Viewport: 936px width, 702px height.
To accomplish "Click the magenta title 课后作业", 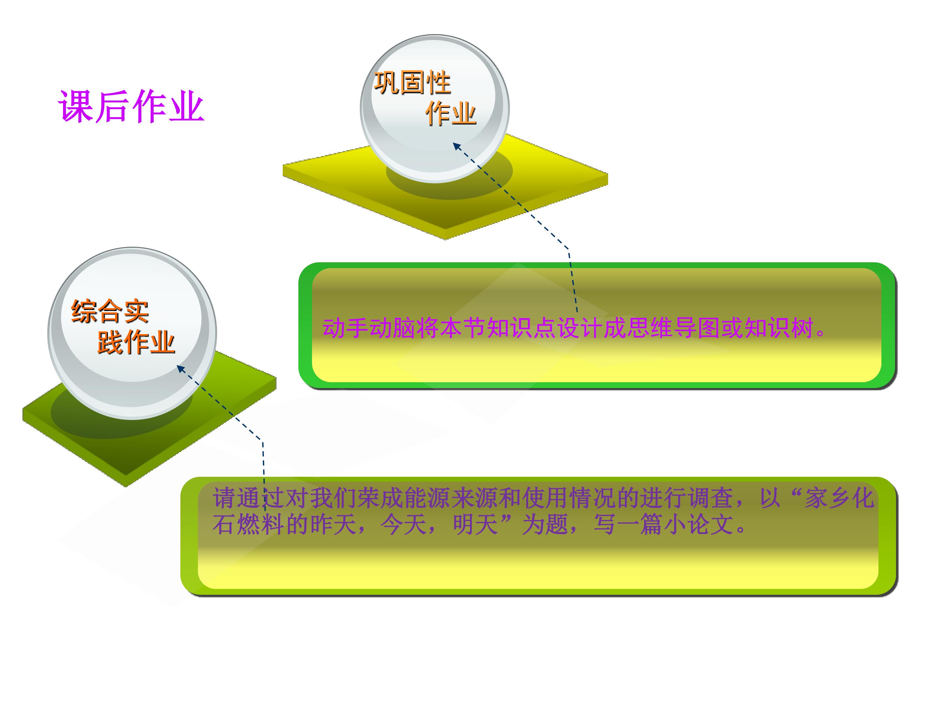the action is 131,107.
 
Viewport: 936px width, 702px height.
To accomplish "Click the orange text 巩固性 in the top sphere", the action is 412,83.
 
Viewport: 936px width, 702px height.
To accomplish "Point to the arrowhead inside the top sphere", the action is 457,146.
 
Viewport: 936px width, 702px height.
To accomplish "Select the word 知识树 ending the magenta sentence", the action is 779,328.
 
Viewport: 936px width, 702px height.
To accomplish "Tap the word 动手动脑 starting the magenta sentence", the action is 369,328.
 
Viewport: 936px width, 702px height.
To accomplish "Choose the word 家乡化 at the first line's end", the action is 839,498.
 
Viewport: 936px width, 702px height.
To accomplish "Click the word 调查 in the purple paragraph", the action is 710,498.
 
